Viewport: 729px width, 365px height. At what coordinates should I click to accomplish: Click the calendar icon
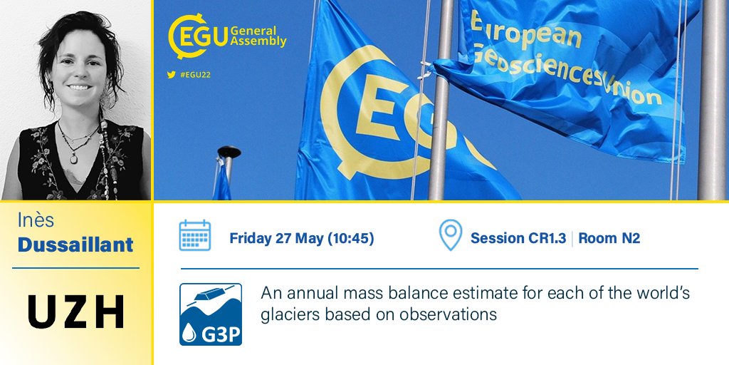(x=194, y=236)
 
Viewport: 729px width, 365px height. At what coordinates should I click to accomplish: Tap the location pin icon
(x=450, y=236)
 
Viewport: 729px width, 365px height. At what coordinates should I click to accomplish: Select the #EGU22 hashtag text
(x=195, y=74)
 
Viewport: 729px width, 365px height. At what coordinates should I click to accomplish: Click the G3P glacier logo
(x=211, y=314)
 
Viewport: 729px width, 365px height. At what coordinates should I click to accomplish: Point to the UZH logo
(x=76, y=311)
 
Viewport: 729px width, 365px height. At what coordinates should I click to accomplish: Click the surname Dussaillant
(x=75, y=245)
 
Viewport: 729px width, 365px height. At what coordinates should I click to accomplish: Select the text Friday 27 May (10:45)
(x=302, y=238)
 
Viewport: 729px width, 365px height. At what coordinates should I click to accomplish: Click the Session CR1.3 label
(x=518, y=238)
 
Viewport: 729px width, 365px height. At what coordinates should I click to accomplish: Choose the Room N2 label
(x=609, y=238)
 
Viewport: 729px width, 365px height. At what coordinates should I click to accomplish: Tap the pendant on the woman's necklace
(x=73, y=158)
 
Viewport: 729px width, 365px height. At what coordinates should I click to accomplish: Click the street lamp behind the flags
(x=229, y=153)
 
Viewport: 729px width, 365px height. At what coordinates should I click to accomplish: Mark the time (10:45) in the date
(x=350, y=238)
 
